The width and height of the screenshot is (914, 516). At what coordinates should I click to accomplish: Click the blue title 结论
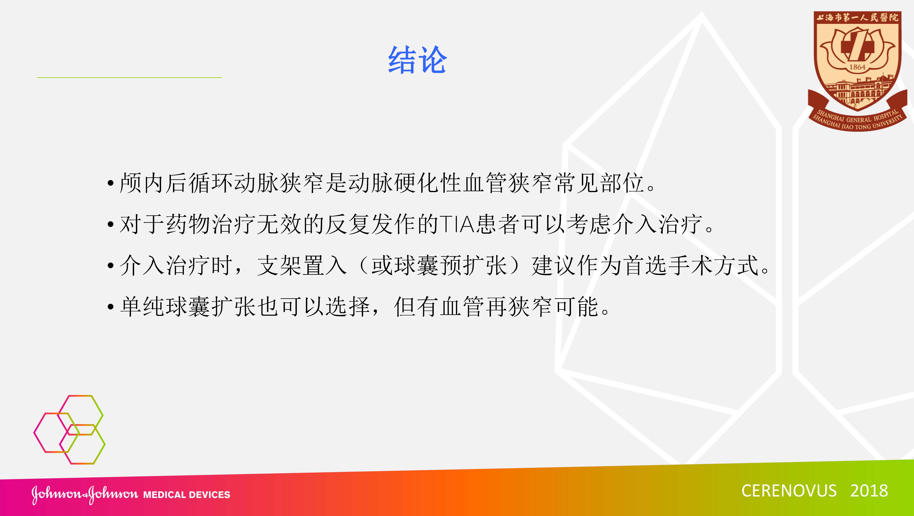click(x=417, y=60)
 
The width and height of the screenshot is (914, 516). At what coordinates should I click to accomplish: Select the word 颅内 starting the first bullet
click(x=142, y=183)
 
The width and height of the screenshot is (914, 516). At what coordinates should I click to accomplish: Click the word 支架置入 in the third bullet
click(x=302, y=266)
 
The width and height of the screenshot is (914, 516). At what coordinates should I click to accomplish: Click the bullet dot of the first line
click(x=111, y=184)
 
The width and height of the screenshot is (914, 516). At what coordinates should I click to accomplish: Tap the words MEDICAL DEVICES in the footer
click(x=187, y=495)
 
